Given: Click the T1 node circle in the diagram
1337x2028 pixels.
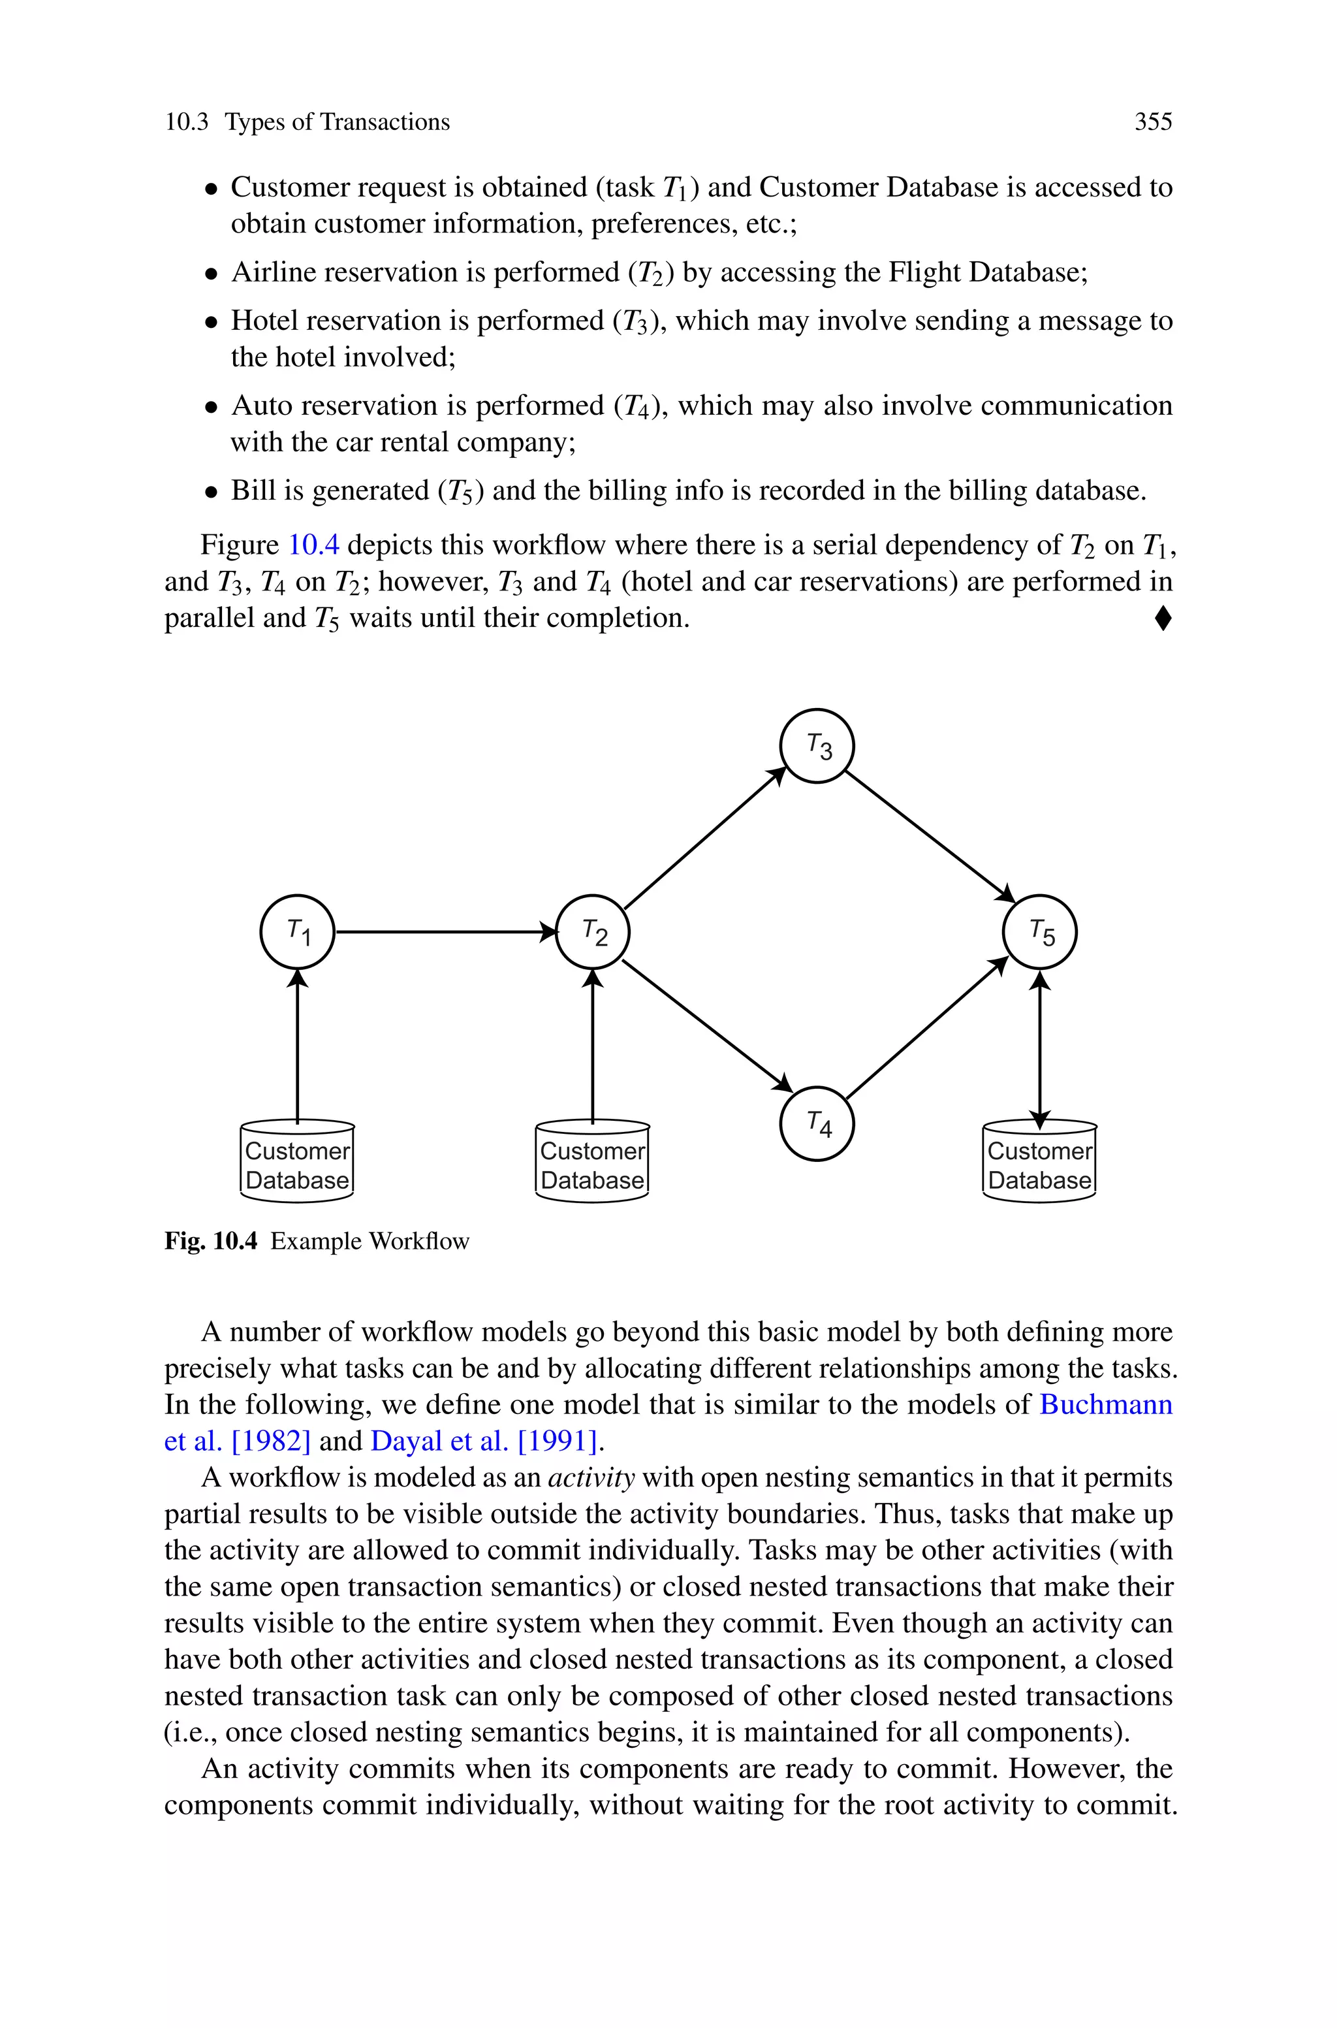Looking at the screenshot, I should pos(297,932).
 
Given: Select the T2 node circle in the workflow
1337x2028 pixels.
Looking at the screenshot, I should pos(593,932).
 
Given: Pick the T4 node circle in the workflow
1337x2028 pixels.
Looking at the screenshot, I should pos(817,1124).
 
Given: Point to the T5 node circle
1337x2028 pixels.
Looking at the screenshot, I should pos(1039,932).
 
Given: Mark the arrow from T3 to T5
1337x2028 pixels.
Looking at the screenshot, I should pos(930,836).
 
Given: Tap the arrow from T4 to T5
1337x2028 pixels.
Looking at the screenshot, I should pos(928,1027).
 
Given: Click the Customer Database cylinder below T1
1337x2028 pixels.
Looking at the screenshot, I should pos(297,1161).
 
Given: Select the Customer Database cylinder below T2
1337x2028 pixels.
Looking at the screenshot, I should pos(593,1161).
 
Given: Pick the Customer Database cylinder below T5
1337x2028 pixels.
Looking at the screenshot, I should pos(1039,1161).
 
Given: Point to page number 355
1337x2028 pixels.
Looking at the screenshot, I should pos(1153,122).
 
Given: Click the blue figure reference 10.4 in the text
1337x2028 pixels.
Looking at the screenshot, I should pos(314,544).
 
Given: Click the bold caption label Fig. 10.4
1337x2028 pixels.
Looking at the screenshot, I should pos(211,1240).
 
